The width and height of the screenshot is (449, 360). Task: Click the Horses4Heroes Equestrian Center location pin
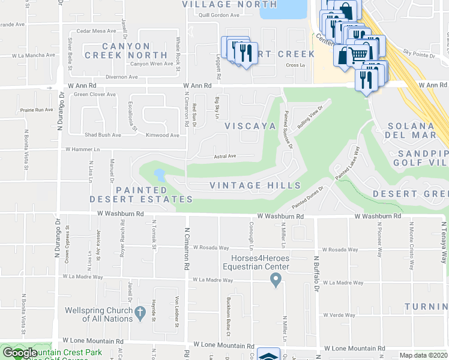276,279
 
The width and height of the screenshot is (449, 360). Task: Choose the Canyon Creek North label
126,50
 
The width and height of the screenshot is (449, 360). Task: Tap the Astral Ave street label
225,156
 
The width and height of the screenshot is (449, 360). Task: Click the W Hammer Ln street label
82,149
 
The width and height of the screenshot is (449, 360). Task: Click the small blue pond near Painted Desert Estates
160,175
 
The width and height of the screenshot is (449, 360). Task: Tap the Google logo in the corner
19,353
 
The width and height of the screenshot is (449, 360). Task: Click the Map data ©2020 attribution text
423,355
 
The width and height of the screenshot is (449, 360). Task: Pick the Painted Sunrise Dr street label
288,129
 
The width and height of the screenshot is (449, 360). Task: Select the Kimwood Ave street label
162,136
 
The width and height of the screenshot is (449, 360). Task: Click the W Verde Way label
339,315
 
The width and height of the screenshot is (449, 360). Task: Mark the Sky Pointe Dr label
418,53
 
